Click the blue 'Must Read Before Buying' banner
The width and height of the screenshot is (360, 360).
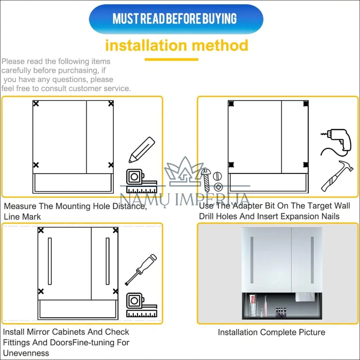[x=176, y=19]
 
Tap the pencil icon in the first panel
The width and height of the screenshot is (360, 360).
[x=142, y=150]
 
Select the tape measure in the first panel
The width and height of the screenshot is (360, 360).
[x=142, y=181]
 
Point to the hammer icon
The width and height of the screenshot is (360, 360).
[x=337, y=176]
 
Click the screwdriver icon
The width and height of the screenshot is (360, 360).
[x=141, y=270]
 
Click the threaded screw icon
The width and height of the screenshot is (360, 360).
[x=206, y=180]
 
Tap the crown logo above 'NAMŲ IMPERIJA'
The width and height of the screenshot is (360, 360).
[x=184, y=172]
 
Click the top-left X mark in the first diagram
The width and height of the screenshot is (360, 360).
[x=36, y=104]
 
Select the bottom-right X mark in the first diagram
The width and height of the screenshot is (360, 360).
[x=111, y=165]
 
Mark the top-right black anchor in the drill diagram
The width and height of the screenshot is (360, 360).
[x=306, y=104]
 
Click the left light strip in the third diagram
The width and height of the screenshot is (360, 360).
[x=50, y=261]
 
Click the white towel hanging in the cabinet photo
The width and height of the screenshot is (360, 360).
[x=305, y=297]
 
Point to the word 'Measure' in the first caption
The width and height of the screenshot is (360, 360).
[x=20, y=206]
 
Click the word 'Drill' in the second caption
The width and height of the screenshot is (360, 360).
[x=206, y=216]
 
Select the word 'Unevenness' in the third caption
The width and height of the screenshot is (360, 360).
[x=26, y=353]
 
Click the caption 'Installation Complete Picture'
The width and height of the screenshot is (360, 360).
[x=271, y=332]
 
